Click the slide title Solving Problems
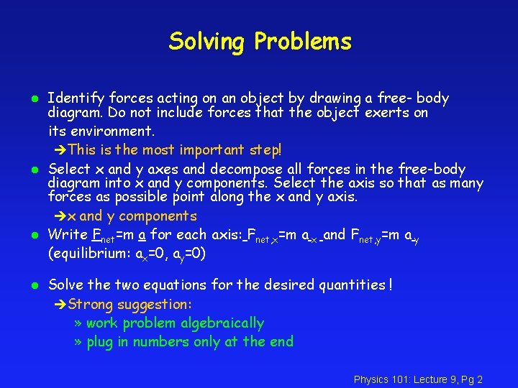(x=260, y=42)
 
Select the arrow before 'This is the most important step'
(x=60, y=150)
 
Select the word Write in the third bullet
(x=68, y=235)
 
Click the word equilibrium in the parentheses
(x=88, y=254)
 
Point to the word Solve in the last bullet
(x=65, y=285)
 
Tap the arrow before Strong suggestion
(x=60, y=305)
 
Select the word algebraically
(x=222, y=324)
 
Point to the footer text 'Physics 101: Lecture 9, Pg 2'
(x=418, y=379)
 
